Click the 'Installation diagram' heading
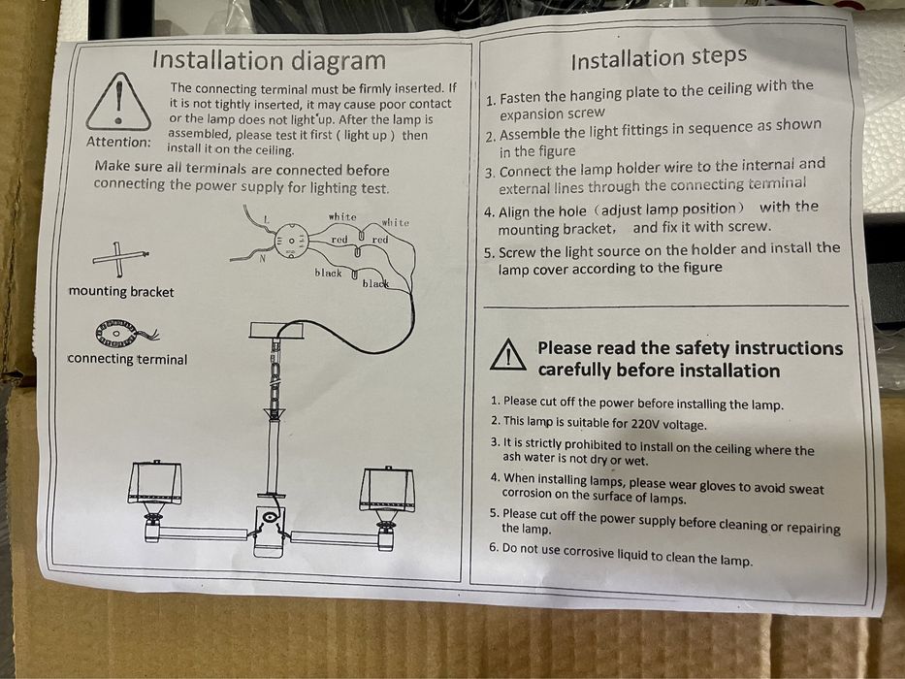(x=269, y=60)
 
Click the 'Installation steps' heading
(x=659, y=58)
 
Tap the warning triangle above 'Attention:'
(x=118, y=102)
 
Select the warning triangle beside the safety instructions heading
(x=507, y=354)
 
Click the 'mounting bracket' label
(x=121, y=292)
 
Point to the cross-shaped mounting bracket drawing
(x=120, y=258)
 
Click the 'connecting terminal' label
(x=127, y=359)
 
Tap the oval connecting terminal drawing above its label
(x=117, y=333)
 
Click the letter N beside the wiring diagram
(x=262, y=259)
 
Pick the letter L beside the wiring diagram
(x=266, y=219)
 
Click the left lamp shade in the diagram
(x=154, y=483)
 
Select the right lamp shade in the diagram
(x=387, y=490)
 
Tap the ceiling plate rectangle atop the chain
(x=275, y=330)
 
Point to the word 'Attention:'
(x=118, y=142)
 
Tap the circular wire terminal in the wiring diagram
(x=291, y=241)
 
